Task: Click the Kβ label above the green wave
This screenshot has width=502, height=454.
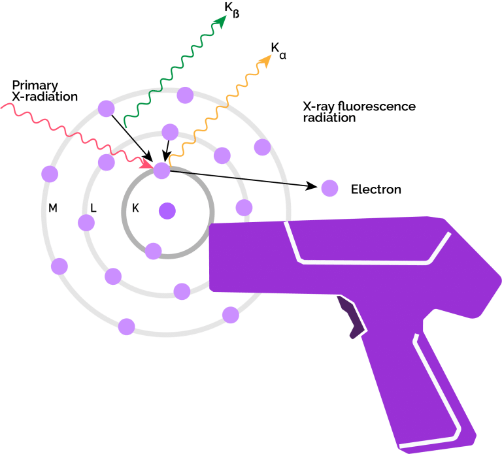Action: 232,10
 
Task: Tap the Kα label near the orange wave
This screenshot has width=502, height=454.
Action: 278,51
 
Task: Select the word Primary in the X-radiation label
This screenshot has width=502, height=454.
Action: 35,86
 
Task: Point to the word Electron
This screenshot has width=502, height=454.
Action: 376,189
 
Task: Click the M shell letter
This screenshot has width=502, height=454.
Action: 53,208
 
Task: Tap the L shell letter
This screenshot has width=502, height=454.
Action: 93,208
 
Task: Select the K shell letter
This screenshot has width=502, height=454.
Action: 135,208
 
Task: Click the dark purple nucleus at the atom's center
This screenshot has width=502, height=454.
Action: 167,211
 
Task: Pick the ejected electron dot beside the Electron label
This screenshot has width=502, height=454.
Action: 329,188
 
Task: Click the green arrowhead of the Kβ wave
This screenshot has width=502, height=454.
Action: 220,22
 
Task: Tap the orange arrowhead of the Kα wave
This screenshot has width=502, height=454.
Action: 265,61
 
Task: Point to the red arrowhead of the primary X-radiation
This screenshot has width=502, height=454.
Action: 147,164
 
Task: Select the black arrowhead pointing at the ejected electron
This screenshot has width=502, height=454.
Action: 311,186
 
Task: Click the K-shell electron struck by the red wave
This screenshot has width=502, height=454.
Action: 161,170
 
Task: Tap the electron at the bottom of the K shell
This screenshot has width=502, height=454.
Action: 154,251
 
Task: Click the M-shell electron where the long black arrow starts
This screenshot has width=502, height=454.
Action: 107,108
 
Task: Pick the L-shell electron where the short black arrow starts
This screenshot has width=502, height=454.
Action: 170,132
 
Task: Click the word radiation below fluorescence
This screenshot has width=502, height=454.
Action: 329,118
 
